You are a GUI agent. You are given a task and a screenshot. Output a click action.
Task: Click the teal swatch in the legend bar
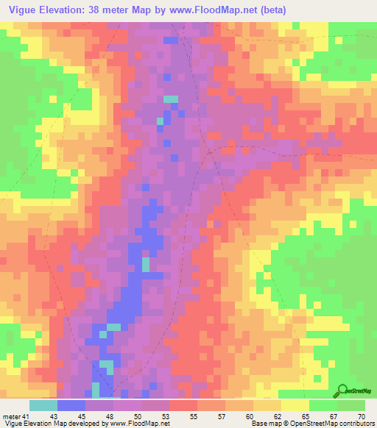tap(43, 405)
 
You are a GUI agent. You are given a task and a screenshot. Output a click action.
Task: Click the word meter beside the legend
tap(12, 416)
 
